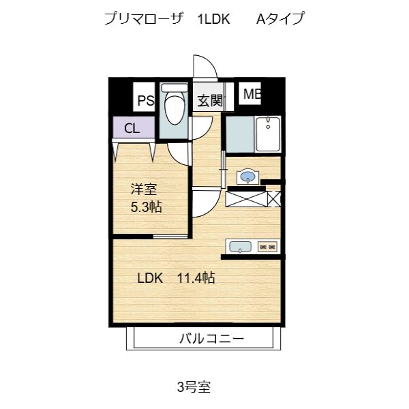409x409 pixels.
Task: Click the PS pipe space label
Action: point(146,100)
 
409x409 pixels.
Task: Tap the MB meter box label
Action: point(252,94)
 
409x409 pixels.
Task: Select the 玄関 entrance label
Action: point(210,101)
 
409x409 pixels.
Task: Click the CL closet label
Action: point(132,128)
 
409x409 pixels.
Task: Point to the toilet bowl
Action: point(175,109)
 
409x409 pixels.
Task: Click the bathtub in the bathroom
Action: point(268,134)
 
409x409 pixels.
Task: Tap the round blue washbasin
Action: point(247,176)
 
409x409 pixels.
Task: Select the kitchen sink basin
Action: point(240,247)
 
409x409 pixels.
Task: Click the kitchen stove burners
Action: point(267,247)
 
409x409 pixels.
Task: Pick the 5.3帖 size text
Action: point(147,207)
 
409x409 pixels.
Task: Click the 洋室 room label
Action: point(144,190)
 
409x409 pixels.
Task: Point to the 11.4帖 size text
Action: point(196,278)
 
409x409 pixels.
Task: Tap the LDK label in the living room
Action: point(150,278)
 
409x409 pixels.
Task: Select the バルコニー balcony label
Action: point(212,339)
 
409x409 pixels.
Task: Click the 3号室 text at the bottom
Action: point(194,387)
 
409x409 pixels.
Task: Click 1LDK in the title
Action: point(214,19)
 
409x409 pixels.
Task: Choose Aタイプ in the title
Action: point(280,18)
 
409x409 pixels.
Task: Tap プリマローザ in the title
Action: point(142,18)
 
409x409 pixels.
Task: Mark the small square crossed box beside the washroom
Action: point(274,199)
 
